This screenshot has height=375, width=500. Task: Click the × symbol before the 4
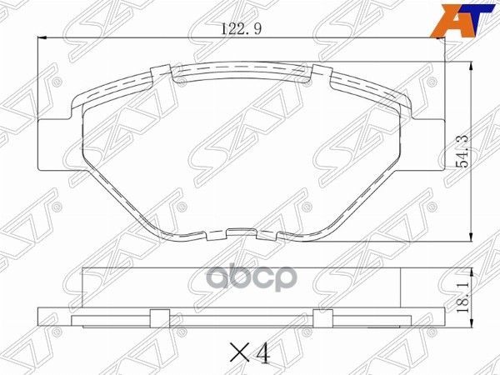[x=237, y=356]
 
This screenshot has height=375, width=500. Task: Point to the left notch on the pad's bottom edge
[x=197, y=236]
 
